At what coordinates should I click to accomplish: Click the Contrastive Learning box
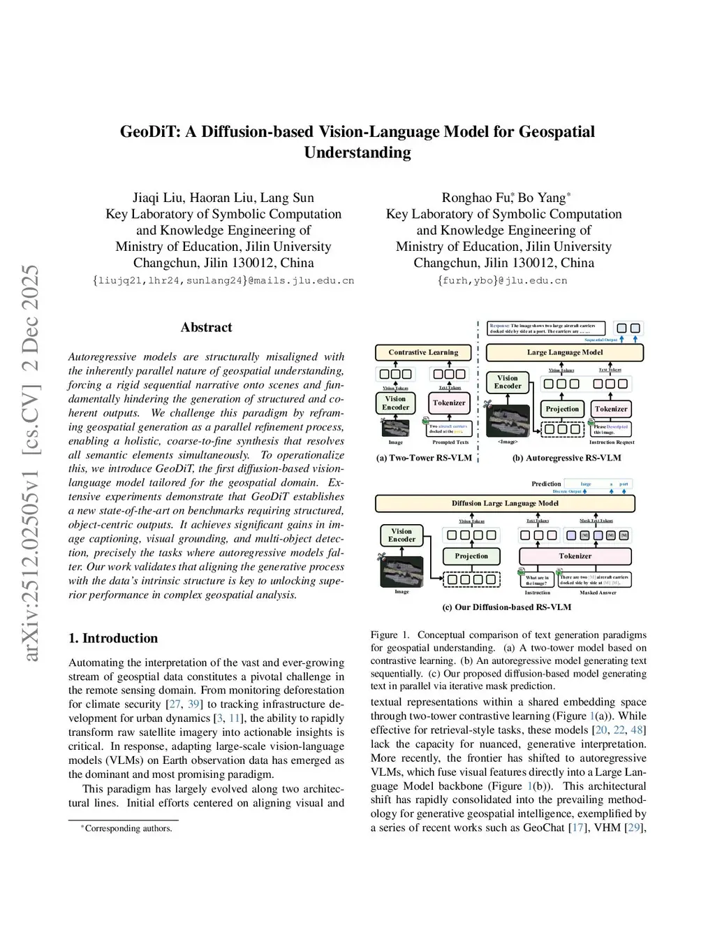423,352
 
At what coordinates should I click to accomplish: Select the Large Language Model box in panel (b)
564,352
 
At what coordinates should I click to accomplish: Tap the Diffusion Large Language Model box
505,503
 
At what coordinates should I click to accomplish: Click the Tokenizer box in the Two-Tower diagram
448,403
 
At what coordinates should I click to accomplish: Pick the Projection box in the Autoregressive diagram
562,409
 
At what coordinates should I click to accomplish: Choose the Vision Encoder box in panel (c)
401,535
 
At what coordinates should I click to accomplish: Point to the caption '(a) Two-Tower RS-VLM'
424,458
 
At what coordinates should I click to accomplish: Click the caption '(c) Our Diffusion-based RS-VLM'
506,607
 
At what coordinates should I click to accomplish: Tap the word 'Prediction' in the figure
546,484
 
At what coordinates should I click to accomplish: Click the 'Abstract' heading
206,327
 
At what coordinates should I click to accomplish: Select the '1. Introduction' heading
113,638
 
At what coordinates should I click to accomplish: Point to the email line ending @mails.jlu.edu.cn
223,281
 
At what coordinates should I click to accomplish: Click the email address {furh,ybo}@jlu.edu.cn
503,281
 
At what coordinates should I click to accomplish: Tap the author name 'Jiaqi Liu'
158,198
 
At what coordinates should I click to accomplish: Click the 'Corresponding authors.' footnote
128,829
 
